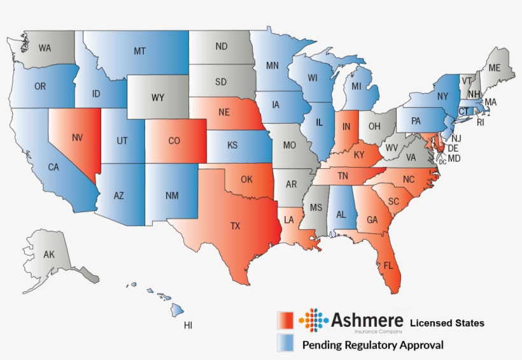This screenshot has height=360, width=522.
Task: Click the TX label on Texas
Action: coord(235,226)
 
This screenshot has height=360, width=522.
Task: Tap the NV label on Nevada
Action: coord(77,137)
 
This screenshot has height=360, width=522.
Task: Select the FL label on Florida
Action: coord(388,265)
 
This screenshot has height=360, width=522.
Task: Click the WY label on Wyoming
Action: coord(158,98)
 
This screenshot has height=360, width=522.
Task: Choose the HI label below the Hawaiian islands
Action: coord(188,326)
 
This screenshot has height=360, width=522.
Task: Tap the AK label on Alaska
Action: coord(49,255)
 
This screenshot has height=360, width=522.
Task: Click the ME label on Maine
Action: coord(494,68)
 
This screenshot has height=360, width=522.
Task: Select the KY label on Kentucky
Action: coord(359,154)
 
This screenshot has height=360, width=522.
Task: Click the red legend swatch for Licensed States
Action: coord(285,320)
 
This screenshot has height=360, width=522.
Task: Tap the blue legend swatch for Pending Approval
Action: coord(285,343)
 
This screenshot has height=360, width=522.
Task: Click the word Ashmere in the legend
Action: coord(367,319)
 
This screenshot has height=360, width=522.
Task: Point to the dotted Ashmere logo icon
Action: coord(313,320)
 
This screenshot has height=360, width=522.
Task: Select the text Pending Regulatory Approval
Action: coord(372,345)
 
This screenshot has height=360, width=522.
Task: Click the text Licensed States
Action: coord(446,323)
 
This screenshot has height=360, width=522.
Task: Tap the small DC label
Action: coord(442,162)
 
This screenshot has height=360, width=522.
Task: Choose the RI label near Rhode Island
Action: coord(481,122)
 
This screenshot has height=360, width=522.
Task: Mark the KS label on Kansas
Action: coord(233,145)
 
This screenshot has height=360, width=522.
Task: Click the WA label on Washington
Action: coord(45,48)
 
